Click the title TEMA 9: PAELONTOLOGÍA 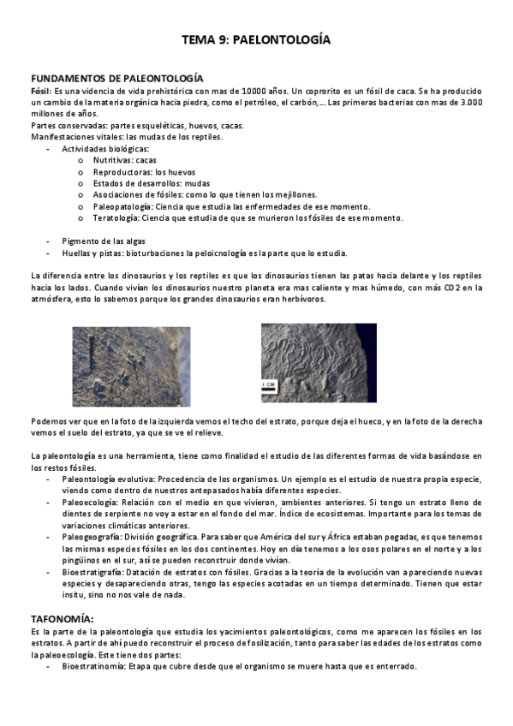coord(256,39)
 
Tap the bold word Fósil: coord(41,91)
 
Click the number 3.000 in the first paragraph coord(468,102)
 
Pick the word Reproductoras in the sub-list coord(116,171)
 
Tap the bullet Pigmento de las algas coord(104,241)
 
